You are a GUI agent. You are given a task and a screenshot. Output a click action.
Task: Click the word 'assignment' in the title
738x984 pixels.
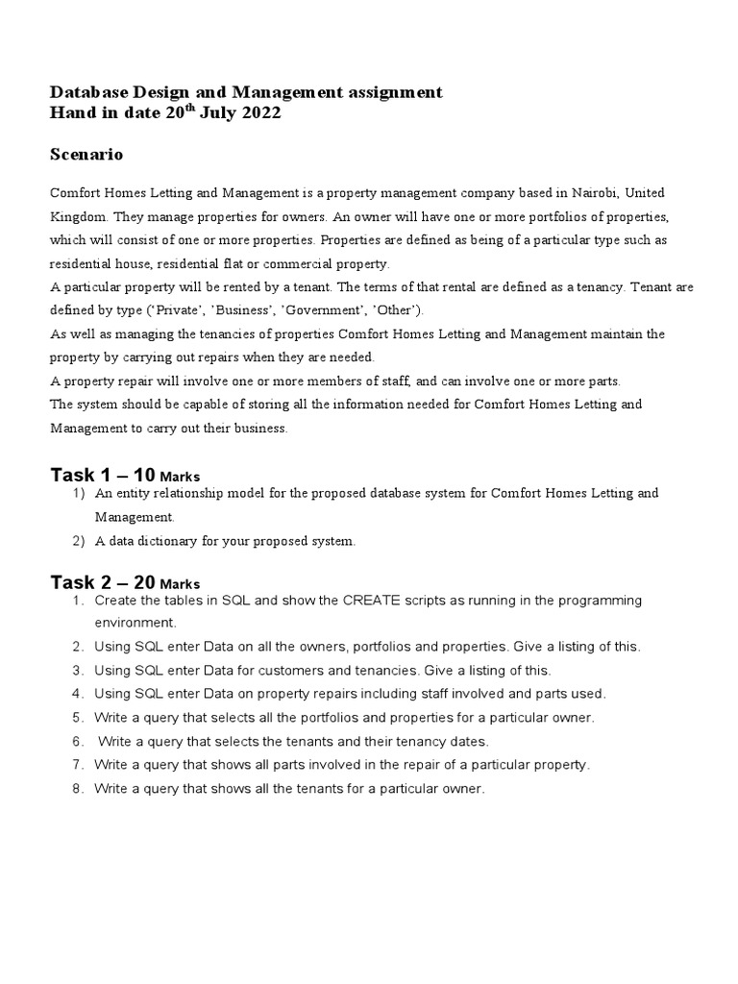(x=391, y=92)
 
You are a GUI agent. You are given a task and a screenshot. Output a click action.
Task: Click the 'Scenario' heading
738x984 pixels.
(x=86, y=155)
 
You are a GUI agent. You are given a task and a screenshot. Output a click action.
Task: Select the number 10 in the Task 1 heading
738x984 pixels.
(x=144, y=475)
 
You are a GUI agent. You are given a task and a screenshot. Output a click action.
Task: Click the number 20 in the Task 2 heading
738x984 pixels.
(x=144, y=582)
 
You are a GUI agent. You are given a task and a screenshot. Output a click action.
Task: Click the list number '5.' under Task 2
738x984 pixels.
(x=79, y=717)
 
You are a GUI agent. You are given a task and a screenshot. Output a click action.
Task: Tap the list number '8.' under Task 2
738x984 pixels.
(x=79, y=788)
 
